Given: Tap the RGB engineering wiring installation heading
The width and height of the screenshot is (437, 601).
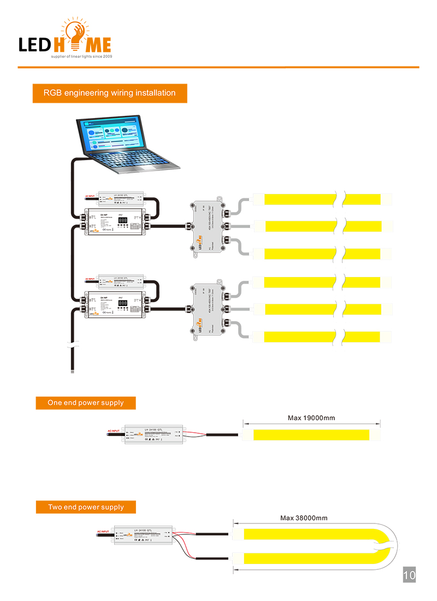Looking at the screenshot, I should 110,93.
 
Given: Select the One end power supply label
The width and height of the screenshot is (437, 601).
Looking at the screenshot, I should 86,403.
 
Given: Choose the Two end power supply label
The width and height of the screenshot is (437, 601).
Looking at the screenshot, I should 86,507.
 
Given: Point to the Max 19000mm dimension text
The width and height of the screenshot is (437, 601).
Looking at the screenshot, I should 311,418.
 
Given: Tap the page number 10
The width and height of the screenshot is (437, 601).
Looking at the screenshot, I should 409,575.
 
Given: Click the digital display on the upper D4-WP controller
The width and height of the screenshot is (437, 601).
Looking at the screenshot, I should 123,221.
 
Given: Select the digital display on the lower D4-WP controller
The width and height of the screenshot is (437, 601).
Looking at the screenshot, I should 123,303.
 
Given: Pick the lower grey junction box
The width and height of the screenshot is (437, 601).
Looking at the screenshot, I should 208,309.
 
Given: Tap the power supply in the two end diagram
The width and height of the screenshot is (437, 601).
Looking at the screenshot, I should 143,537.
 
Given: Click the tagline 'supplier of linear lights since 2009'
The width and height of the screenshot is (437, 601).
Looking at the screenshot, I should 81,56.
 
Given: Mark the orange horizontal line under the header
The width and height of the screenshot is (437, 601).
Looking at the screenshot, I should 218,67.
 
